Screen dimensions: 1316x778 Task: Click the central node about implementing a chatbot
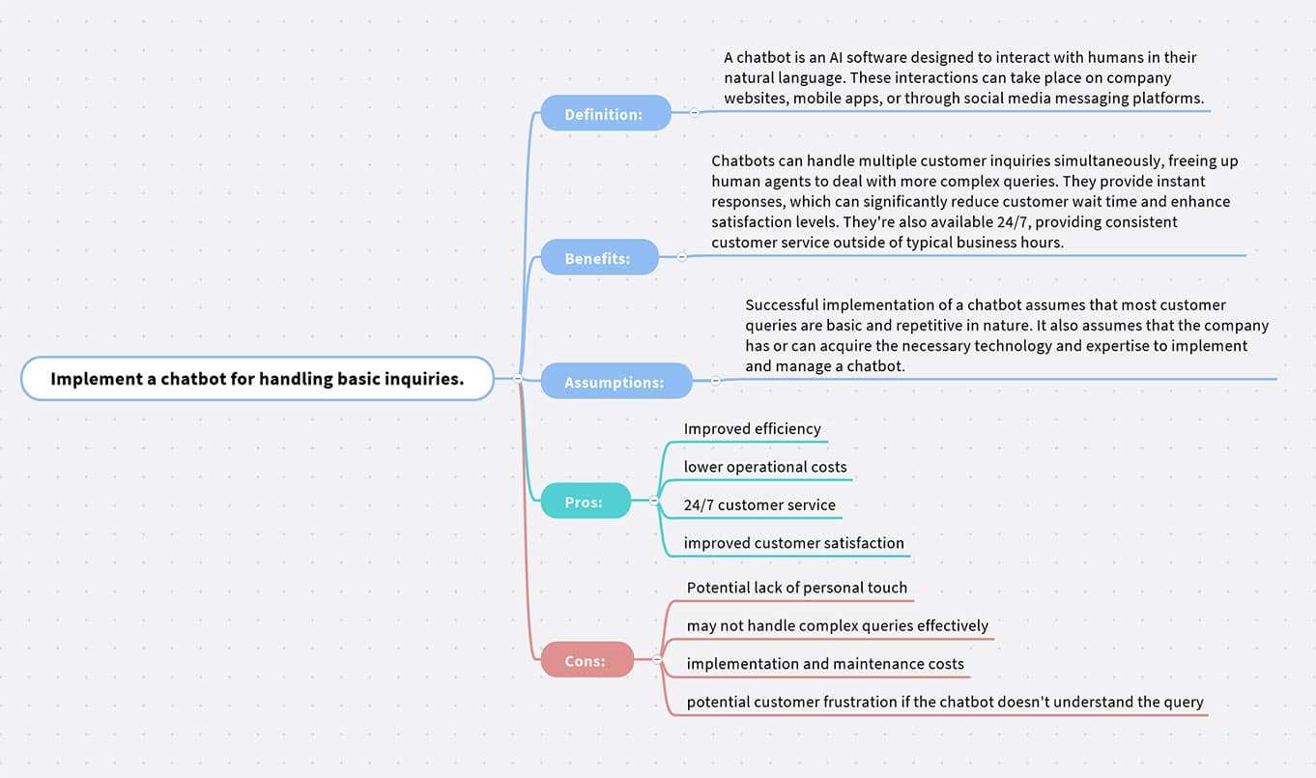pyautogui.click(x=257, y=379)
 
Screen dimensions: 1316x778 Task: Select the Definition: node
pyautogui.click(x=606, y=113)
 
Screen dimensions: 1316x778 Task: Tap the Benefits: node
pyautogui.click(x=599, y=257)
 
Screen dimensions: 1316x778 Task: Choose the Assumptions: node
pyautogui.click(x=616, y=381)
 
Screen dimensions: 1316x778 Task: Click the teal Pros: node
pyautogui.click(x=586, y=501)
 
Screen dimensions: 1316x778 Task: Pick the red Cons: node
pyautogui.click(x=586, y=659)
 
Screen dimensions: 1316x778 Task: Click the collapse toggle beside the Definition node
pyautogui.click(x=694, y=112)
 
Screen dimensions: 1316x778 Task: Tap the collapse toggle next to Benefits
pyautogui.click(x=681, y=257)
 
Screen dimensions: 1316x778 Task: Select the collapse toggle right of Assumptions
pyautogui.click(x=716, y=381)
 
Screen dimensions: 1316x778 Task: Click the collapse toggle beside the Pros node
pyautogui.click(x=654, y=501)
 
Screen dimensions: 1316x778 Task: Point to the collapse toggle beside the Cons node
pyautogui.click(x=657, y=660)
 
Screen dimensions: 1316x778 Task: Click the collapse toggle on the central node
pyautogui.click(x=518, y=379)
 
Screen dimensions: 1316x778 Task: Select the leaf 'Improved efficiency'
pyautogui.click(x=752, y=429)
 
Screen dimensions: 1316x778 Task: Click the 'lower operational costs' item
pyautogui.click(x=765, y=467)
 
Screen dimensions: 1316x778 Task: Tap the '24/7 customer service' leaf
pyautogui.click(x=759, y=504)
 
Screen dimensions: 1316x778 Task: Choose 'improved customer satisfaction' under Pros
pyautogui.click(x=793, y=543)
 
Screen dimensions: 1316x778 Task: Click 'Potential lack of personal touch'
pyautogui.click(x=796, y=588)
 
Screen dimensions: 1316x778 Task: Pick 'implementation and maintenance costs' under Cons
pyautogui.click(x=825, y=664)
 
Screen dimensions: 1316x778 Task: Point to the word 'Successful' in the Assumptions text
pyautogui.click(x=782, y=305)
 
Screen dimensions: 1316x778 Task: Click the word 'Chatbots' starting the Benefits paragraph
pyautogui.click(x=741, y=161)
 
